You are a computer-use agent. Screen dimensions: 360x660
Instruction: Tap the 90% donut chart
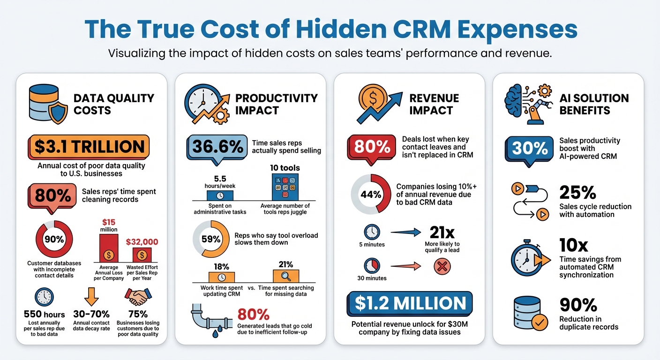pyautogui.click(x=54, y=239)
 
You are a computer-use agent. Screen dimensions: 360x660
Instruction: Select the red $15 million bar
pyautogui.click(x=108, y=247)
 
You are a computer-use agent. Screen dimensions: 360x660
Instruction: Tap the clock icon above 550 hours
pyautogui.click(x=44, y=298)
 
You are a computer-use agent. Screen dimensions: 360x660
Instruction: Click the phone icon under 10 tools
pyautogui.click(x=285, y=187)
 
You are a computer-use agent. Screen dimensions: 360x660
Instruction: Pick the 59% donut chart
pyautogui.click(x=210, y=239)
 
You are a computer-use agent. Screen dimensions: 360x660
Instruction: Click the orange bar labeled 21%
pyautogui.click(x=285, y=276)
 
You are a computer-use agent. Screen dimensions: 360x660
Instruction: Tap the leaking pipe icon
pyautogui.click(x=209, y=319)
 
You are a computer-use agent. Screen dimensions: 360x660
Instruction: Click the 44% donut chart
pyautogui.click(x=371, y=194)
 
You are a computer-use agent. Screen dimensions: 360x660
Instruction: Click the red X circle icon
pyautogui.click(x=442, y=267)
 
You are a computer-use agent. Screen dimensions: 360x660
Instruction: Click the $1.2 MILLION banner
pyautogui.click(x=410, y=303)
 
